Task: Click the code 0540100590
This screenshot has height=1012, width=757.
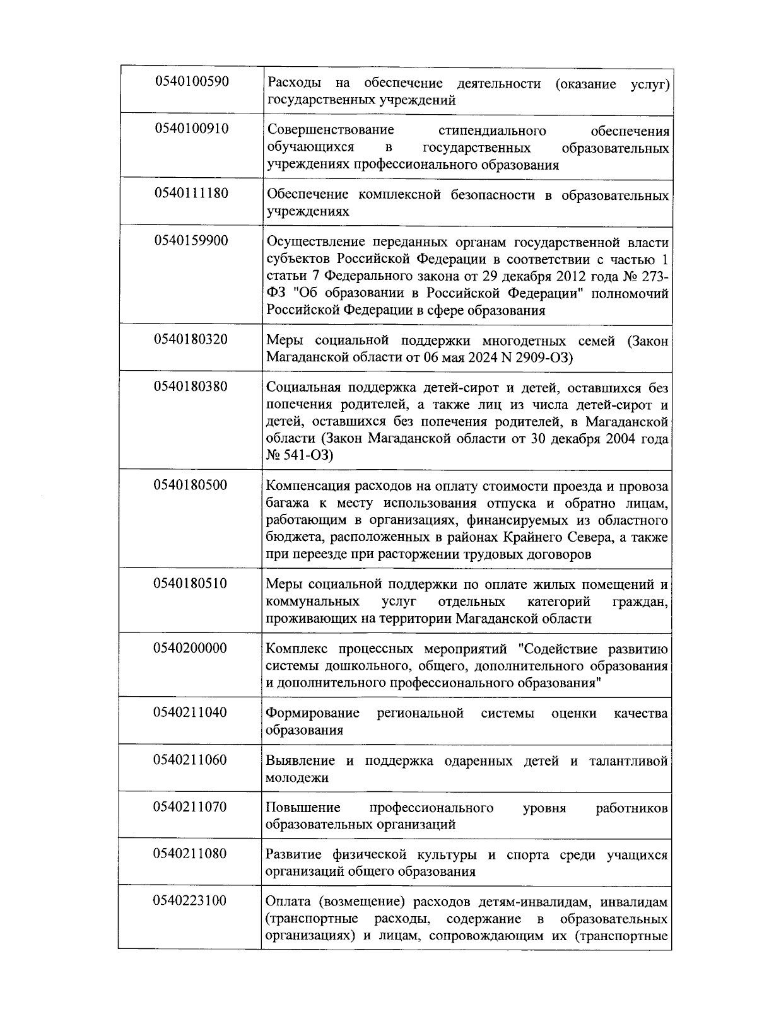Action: click(x=191, y=81)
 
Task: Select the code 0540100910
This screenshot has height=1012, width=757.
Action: click(x=191, y=129)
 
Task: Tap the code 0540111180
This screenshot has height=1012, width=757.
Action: click(x=191, y=193)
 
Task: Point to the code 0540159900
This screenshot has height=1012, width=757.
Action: click(x=191, y=240)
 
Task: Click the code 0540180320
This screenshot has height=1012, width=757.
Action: click(x=191, y=339)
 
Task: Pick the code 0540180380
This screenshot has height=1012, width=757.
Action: click(x=191, y=386)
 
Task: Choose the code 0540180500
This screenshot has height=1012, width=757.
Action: click(x=191, y=485)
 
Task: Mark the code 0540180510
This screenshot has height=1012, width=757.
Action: click(x=191, y=583)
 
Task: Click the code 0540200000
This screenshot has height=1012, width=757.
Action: click(x=191, y=648)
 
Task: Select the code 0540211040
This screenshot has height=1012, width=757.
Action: click(x=191, y=712)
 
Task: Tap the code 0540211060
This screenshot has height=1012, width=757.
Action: click(x=191, y=759)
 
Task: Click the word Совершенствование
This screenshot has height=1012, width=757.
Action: click(x=331, y=131)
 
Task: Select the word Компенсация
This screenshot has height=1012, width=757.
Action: click(x=305, y=487)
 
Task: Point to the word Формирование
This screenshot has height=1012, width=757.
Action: click(x=312, y=713)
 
